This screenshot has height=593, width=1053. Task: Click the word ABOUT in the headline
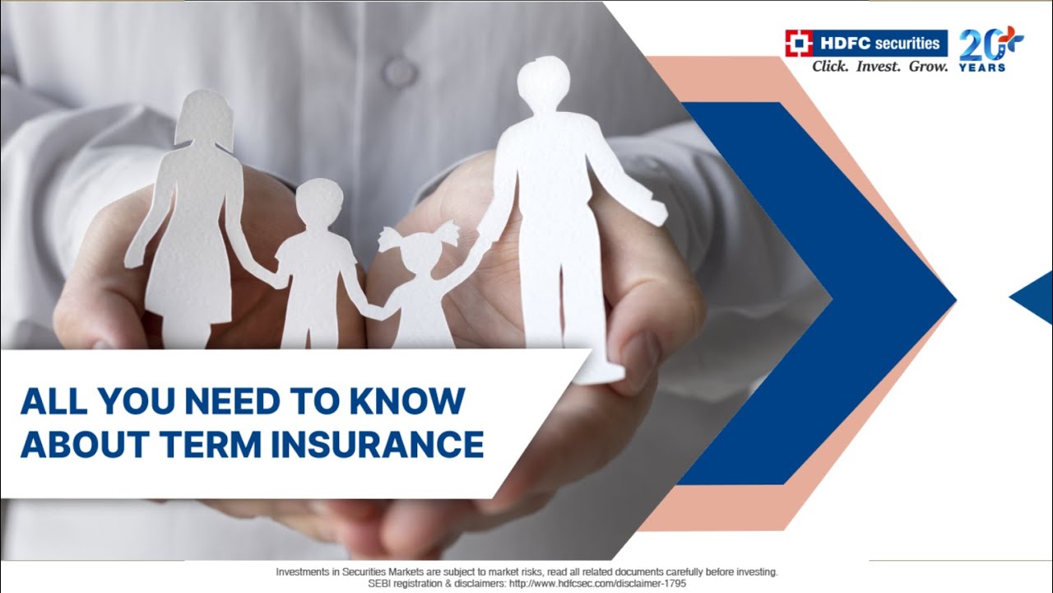pos(80,445)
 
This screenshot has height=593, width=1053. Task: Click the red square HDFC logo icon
pos(797,42)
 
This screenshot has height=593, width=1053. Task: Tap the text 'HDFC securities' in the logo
pos(879,42)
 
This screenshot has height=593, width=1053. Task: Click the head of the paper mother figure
pos(204,115)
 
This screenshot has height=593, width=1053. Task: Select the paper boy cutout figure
pos(315,264)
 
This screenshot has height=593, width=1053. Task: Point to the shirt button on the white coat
pos(400,72)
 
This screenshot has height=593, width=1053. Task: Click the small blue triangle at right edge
pos(1034,297)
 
